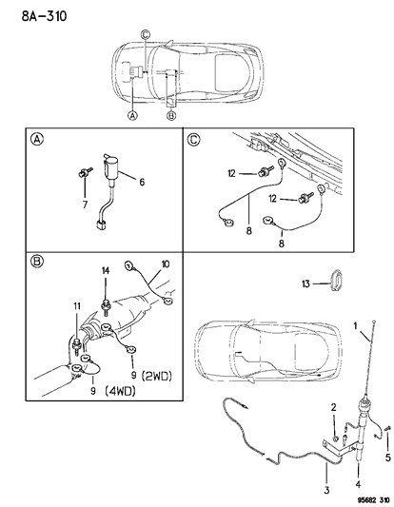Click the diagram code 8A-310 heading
click(x=44, y=15)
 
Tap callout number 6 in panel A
click(x=142, y=182)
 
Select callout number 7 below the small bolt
click(x=85, y=205)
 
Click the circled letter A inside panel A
click(x=37, y=140)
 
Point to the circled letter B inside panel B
click(x=37, y=261)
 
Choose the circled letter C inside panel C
click(x=194, y=140)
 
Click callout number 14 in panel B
click(x=106, y=271)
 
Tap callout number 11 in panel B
click(x=77, y=306)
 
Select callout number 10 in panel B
click(x=165, y=264)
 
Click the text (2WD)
click(x=157, y=376)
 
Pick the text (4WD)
click(x=119, y=391)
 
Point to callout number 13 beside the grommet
click(x=305, y=283)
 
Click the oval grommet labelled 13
click(x=336, y=279)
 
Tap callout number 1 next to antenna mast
click(x=355, y=325)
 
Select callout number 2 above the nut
click(x=333, y=408)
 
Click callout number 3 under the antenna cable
click(x=326, y=490)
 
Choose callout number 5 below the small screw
click(x=387, y=458)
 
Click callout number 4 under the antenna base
click(x=358, y=484)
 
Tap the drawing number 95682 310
click(x=372, y=500)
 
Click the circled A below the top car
click(x=132, y=115)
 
